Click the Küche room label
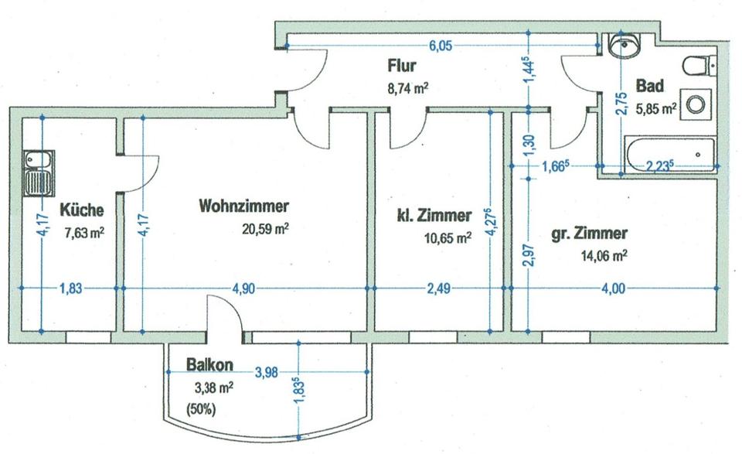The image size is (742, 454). pyautogui.click(x=82, y=210)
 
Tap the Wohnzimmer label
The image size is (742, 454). pyautogui.click(x=243, y=206)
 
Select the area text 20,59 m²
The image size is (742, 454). pyautogui.click(x=265, y=229)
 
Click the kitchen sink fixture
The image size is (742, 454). pyautogui.click(x=39, y=173)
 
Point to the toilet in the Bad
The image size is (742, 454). pyautogui.click(x=699, y=65)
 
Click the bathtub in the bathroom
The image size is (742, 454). pyautogui.click(x=670, y=154)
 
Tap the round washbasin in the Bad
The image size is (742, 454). pyautogui.click(x=625, y=46)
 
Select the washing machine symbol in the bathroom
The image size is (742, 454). pyautogui.click(x=696, y=104)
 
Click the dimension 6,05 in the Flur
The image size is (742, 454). pyautogui.click(x=440, y=46)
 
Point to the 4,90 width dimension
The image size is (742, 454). pyautogui.click(x=243, y=288)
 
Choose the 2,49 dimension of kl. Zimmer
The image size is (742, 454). pyautogui.click(x=439, y=288)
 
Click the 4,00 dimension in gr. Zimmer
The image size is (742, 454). pyautogui.click(x=613, y=288)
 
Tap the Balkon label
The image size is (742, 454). pyautogui.click(x=209, y=364)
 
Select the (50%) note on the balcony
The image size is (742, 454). pyautogui.click(x=202, y=408)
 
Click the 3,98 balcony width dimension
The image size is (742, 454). pyautogui.click(x=267, y=373)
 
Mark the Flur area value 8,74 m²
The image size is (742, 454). pyautogui.click(x=408, y=88)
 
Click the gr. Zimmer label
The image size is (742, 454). pyautogui.click(x=590, y=234)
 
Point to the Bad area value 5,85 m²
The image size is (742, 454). pyautogui.click(x=656, y=109)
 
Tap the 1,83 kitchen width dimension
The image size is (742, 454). pyautogui.click(x=71, y=288)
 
